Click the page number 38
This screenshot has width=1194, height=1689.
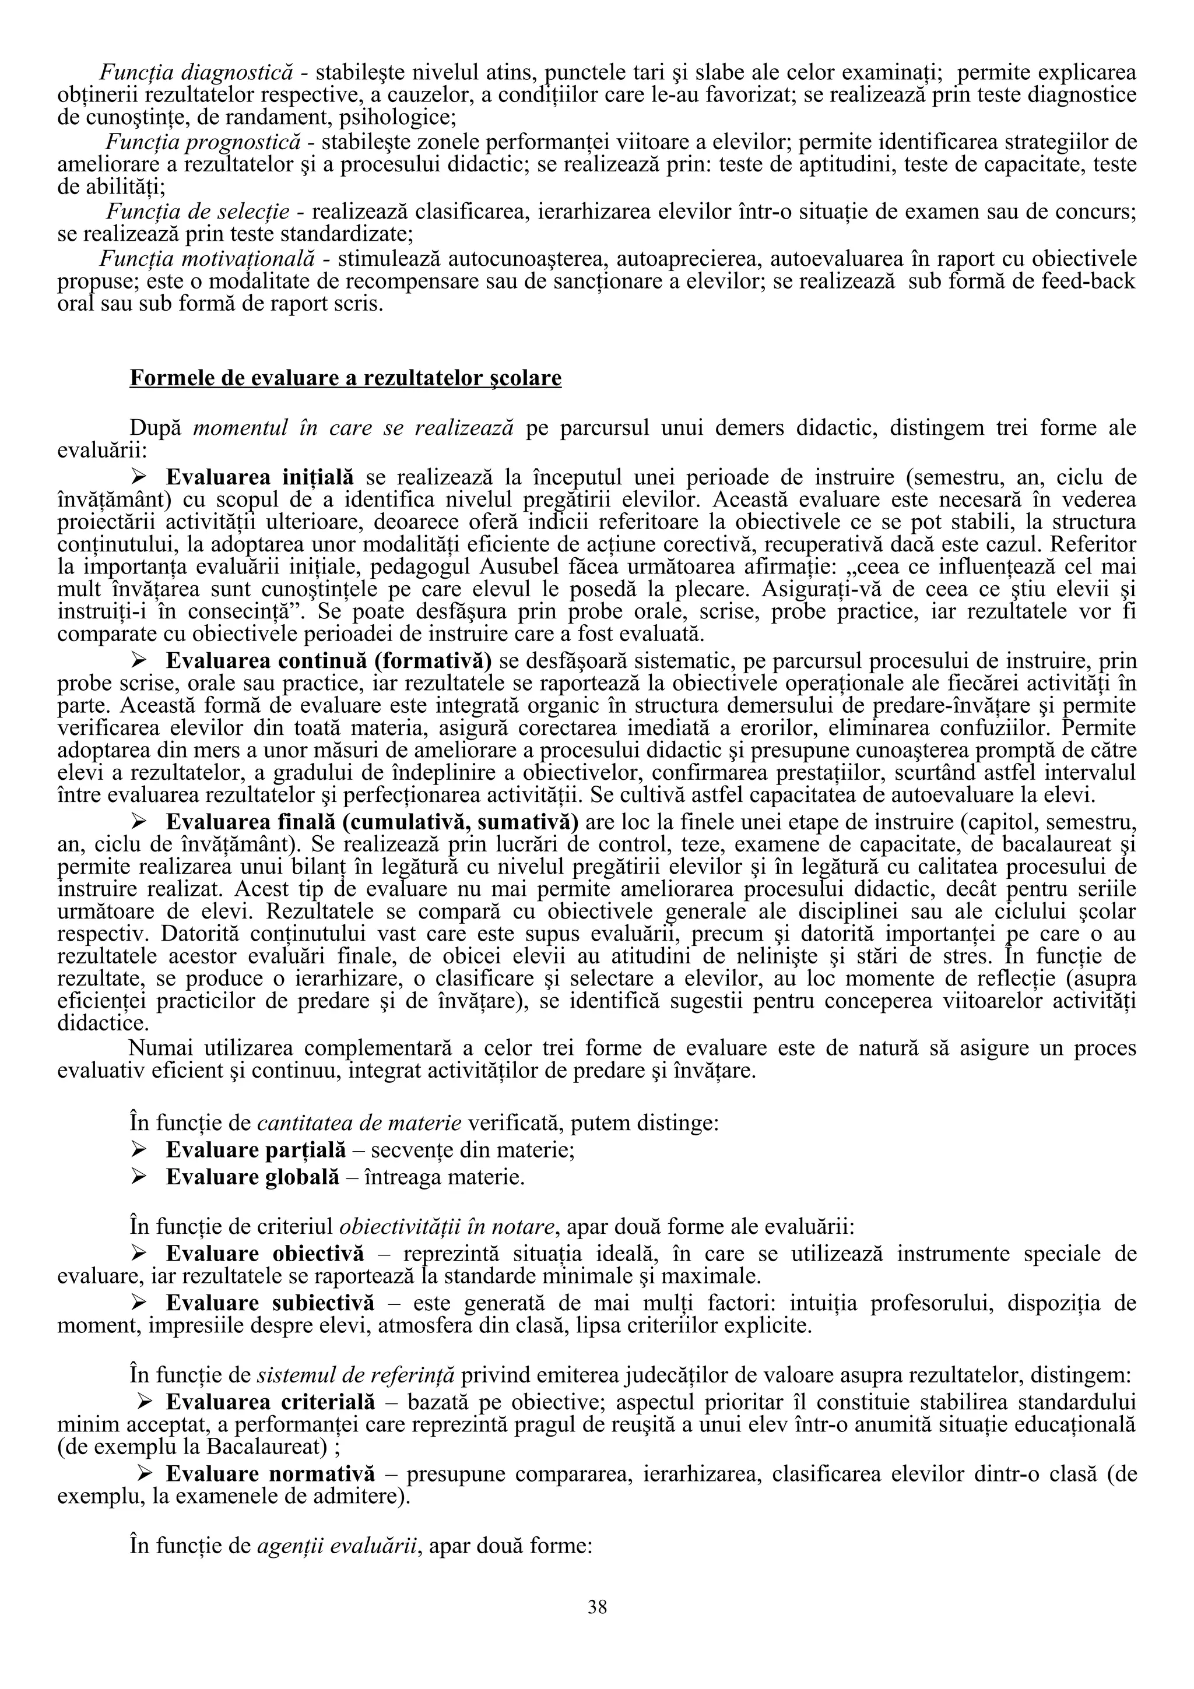(x=596, y=1607)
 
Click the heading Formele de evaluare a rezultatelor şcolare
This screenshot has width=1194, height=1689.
(x=345, y=378)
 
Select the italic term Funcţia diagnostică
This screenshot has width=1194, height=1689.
(x=196, y=72)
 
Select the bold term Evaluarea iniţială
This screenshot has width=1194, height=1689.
(x=259, y=477)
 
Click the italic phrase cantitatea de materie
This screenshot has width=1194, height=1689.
(x=359, y=1123)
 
